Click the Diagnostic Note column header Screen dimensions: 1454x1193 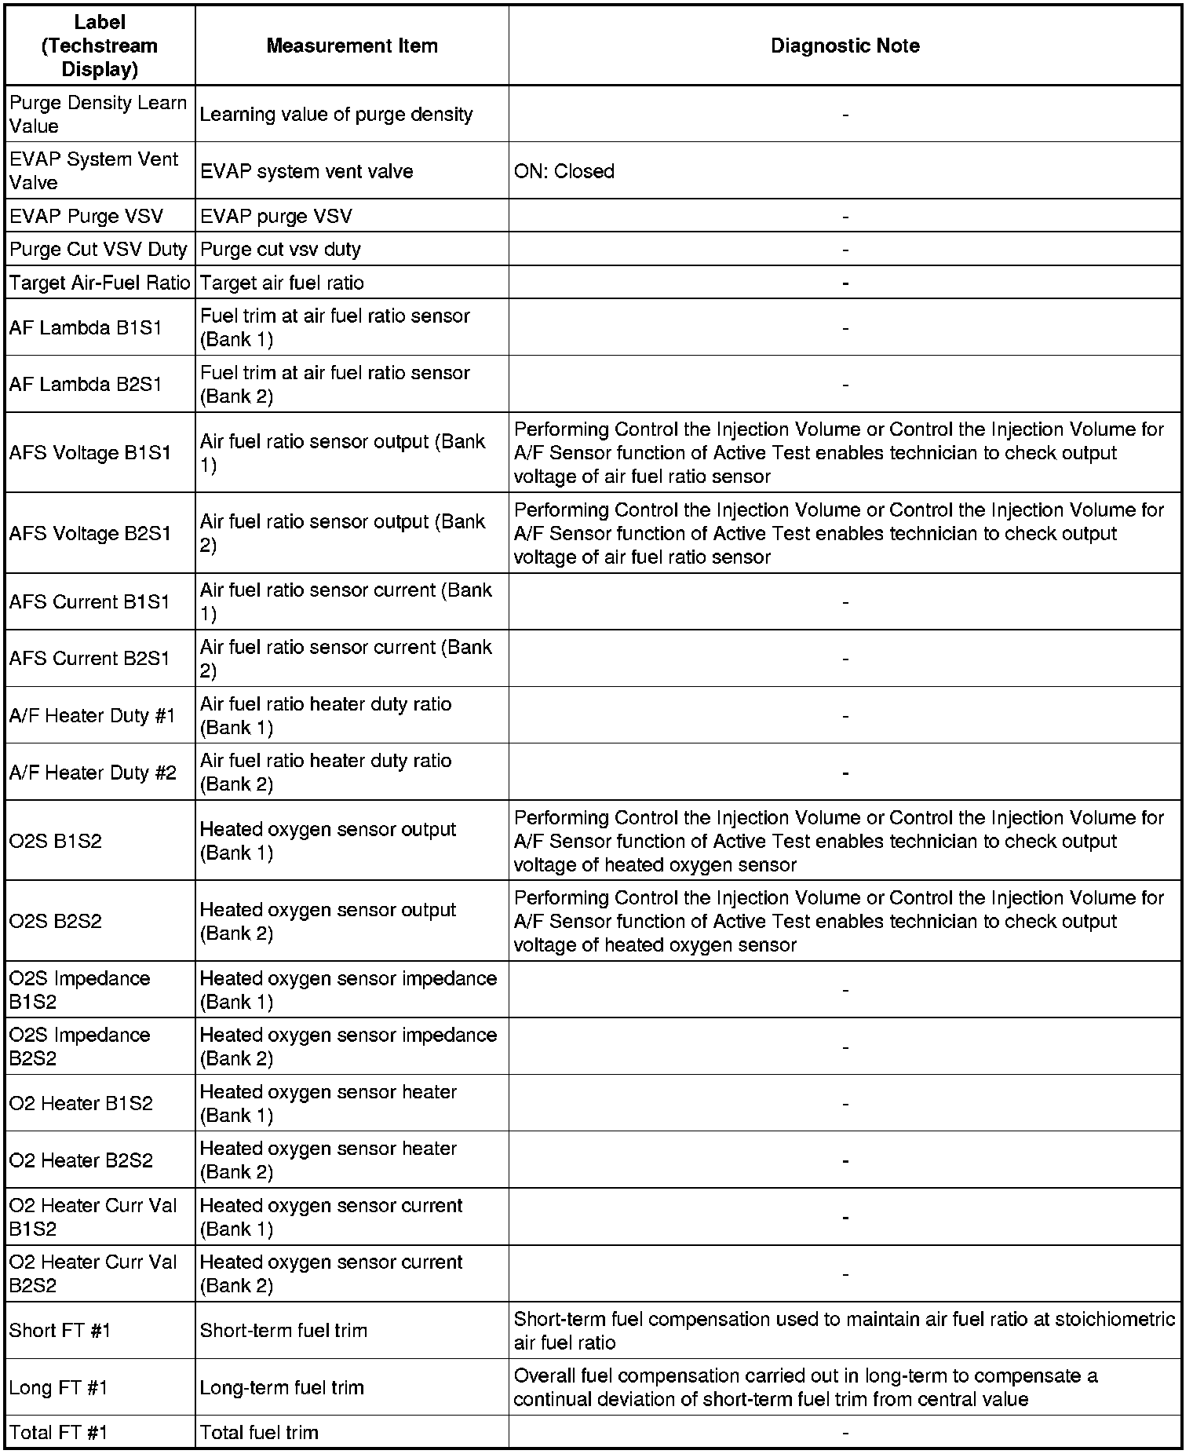(845, 46)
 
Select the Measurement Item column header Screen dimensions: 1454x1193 (352, 46)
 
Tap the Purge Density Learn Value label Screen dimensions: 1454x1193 (98, 115)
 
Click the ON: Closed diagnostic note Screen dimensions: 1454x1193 (564, 171)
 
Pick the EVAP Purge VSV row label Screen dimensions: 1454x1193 (86, 216)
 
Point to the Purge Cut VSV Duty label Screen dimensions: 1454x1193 (98, 250)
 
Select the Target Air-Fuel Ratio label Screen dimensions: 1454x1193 (100, 283)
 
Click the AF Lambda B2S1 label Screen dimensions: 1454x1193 (86, 384)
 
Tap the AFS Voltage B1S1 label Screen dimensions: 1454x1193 (89, 453)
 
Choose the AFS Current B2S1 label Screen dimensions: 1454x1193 (89, 659)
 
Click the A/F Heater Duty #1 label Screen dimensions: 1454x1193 (93, 715)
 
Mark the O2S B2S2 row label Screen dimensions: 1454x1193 (56, 921)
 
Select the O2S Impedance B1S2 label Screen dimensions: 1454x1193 (79, 990)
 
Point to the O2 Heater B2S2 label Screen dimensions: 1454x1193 (81, 1160)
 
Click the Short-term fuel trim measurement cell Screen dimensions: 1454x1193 (283, 1330)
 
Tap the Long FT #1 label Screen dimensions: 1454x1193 (58, 1387)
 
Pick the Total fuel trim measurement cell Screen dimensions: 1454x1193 (259, 1432)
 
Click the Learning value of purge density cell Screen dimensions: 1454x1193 (336, 115)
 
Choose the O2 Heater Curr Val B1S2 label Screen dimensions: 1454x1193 (93, 1217)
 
